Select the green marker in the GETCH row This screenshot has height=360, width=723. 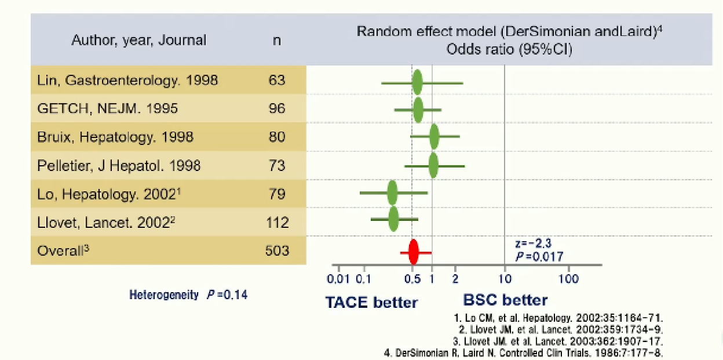418,110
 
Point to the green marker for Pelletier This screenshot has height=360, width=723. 433,165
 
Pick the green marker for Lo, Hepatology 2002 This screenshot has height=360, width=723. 392,193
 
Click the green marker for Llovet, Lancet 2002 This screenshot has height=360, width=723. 393,219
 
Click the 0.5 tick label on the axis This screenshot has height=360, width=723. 412,279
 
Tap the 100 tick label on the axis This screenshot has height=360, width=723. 569,279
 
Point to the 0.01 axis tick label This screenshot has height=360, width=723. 338,279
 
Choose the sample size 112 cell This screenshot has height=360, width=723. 277,222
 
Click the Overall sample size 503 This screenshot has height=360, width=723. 277,250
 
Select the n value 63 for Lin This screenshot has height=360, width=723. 277,80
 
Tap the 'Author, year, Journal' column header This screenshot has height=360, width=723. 138,41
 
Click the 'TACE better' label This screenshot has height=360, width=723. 371,302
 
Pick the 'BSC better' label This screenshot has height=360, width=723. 505,300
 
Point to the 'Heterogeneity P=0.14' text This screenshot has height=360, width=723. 188,295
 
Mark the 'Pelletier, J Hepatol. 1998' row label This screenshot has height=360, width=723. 119,166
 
